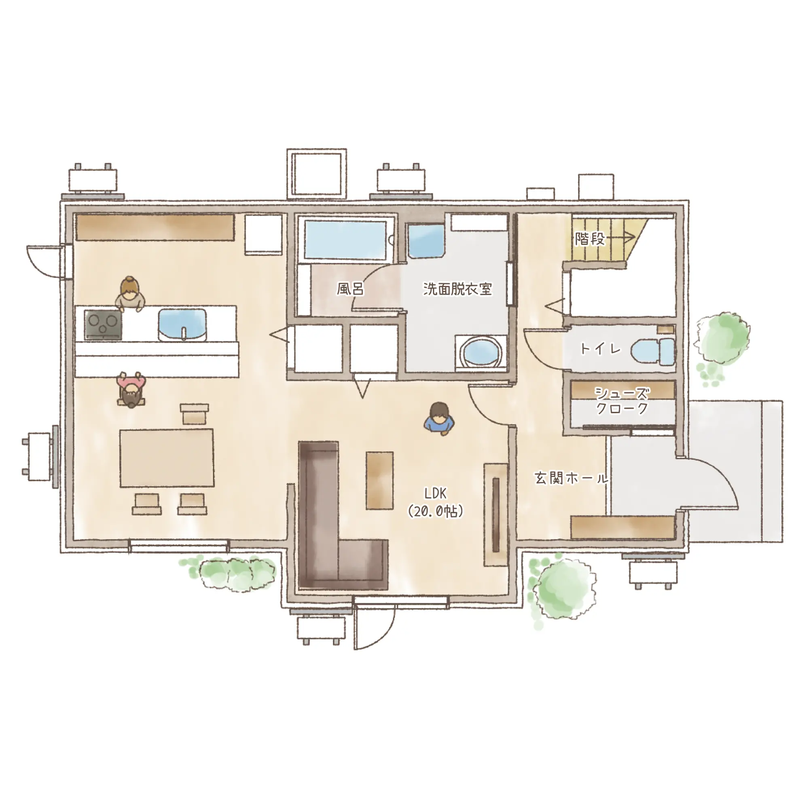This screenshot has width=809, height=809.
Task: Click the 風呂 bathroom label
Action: coord(350,289)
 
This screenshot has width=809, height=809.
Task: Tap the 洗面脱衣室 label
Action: coord(457,289)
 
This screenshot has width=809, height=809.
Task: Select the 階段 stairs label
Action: coord(590,239)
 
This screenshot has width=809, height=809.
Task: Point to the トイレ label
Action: coord(600,349)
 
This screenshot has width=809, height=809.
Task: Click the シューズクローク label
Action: coord(622,400)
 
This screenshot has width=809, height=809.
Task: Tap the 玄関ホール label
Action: coord(571,478)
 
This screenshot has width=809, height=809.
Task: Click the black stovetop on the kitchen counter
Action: coord(103,324)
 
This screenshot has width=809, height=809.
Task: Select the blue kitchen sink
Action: coord(182,324)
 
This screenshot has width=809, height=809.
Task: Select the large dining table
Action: coord(167,457)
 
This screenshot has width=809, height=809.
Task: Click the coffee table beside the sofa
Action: coord(379,480)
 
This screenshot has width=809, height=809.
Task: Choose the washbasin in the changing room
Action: coord(426,241)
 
